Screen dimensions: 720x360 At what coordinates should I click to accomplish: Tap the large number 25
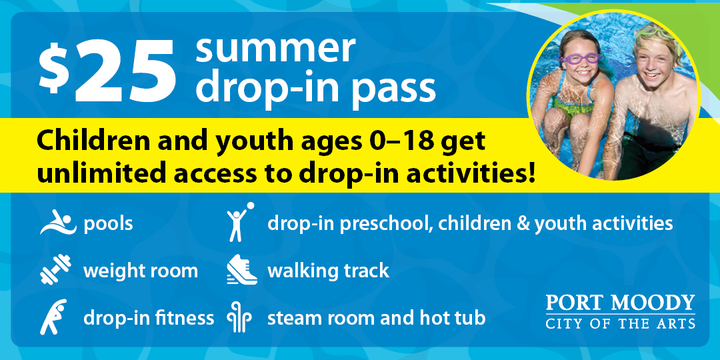(125, 71)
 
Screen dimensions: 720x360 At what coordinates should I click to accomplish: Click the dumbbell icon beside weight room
(55, 269)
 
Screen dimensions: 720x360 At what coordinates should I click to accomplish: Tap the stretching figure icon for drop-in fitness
(54, 317)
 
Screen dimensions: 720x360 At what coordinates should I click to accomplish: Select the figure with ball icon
(240, 222)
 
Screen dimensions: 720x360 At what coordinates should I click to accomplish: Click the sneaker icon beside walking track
(241, 269)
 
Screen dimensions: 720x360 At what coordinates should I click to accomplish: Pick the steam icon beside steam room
(239, 317)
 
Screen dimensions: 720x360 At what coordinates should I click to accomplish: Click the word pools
(109, 225)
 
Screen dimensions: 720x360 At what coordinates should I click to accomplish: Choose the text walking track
(328, 271)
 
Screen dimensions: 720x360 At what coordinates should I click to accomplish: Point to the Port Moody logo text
(621, 303)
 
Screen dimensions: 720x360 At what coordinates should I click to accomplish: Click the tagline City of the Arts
(621, 323)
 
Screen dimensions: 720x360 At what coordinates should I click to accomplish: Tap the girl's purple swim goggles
(579, 58)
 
